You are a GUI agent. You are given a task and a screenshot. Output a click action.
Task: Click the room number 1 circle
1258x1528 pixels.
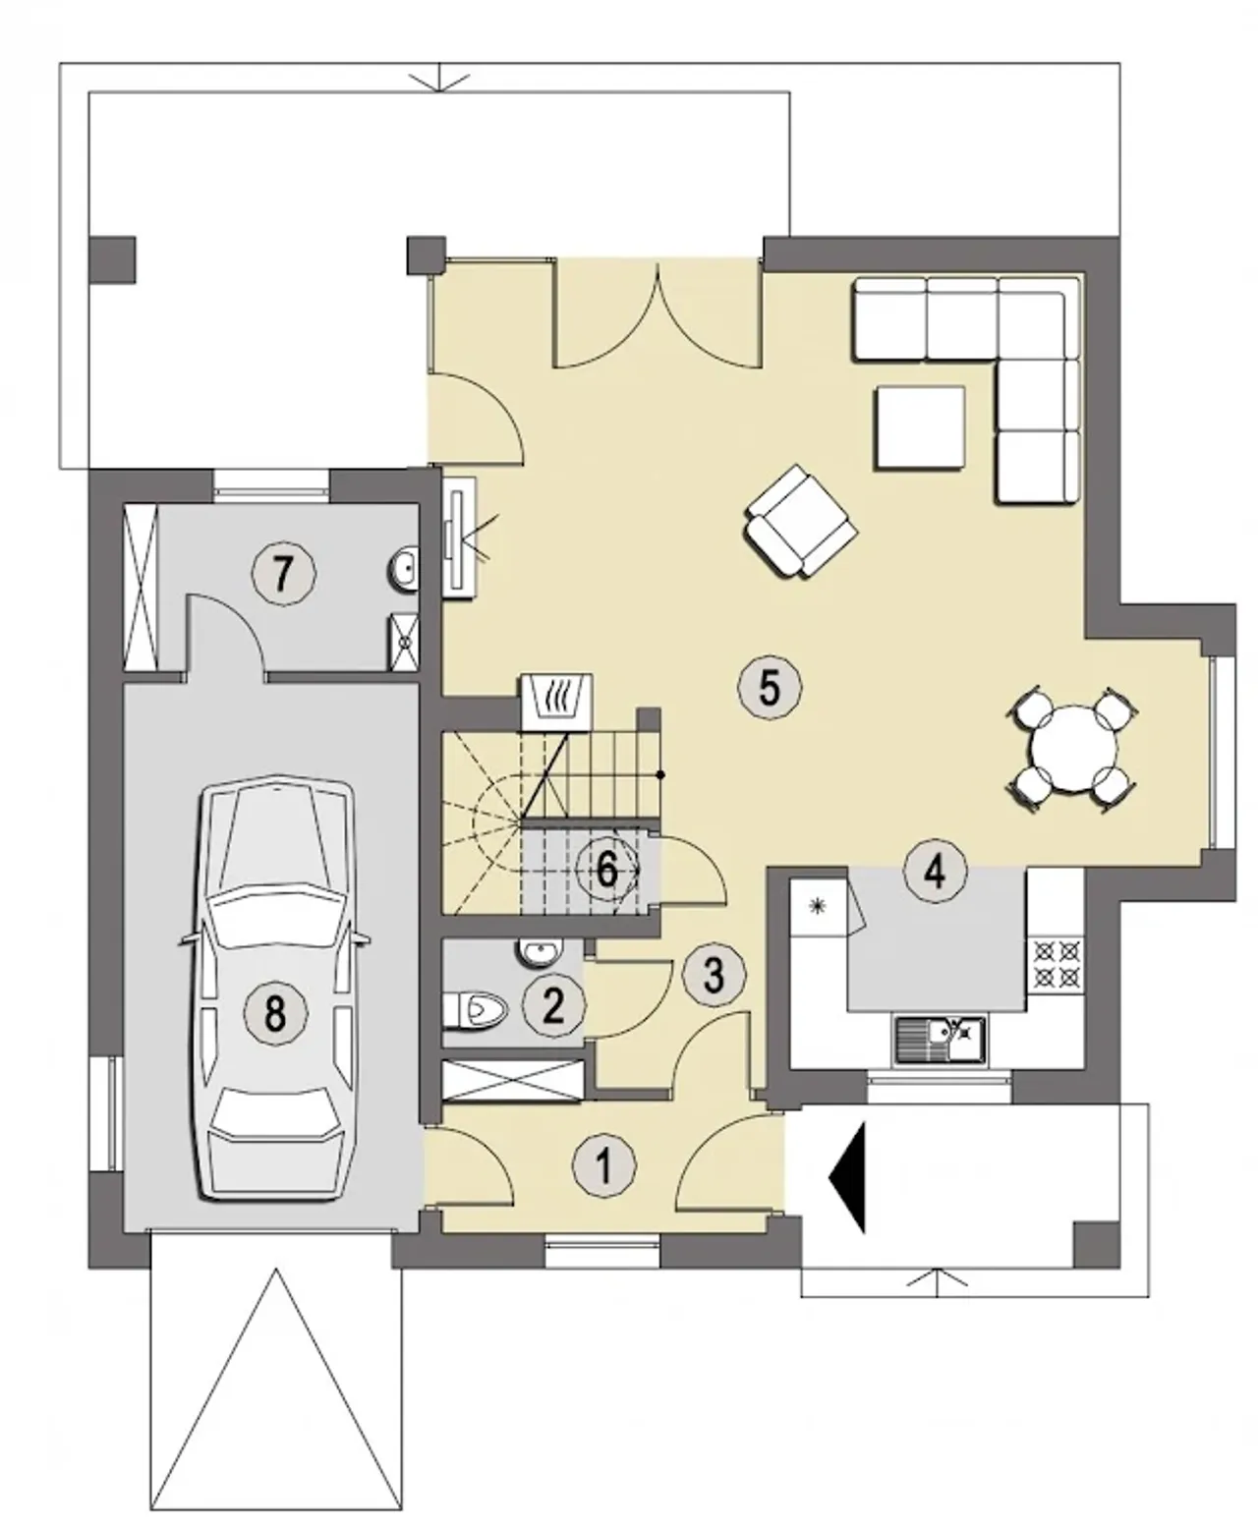click(x=603, y=1166)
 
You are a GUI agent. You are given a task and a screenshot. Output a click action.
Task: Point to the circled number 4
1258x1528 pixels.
click(x=935, y=872)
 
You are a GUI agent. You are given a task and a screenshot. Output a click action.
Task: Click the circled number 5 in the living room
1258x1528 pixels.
click(x=770, y=688)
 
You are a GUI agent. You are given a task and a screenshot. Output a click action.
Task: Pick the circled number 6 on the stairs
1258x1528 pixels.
click(x=607, y=870)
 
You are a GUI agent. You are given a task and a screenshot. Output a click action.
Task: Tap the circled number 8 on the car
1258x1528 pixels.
click(x=275, y=1013)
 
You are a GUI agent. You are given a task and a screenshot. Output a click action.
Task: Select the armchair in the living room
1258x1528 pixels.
click(x=800, y=521)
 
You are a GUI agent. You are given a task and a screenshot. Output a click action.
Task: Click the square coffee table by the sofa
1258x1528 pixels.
click(x=920, y=428)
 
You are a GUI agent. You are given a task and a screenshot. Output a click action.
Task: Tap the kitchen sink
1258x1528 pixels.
click(x=940, y=1040)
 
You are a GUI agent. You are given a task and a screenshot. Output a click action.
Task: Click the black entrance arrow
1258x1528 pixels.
click(x=848, y=1177)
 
